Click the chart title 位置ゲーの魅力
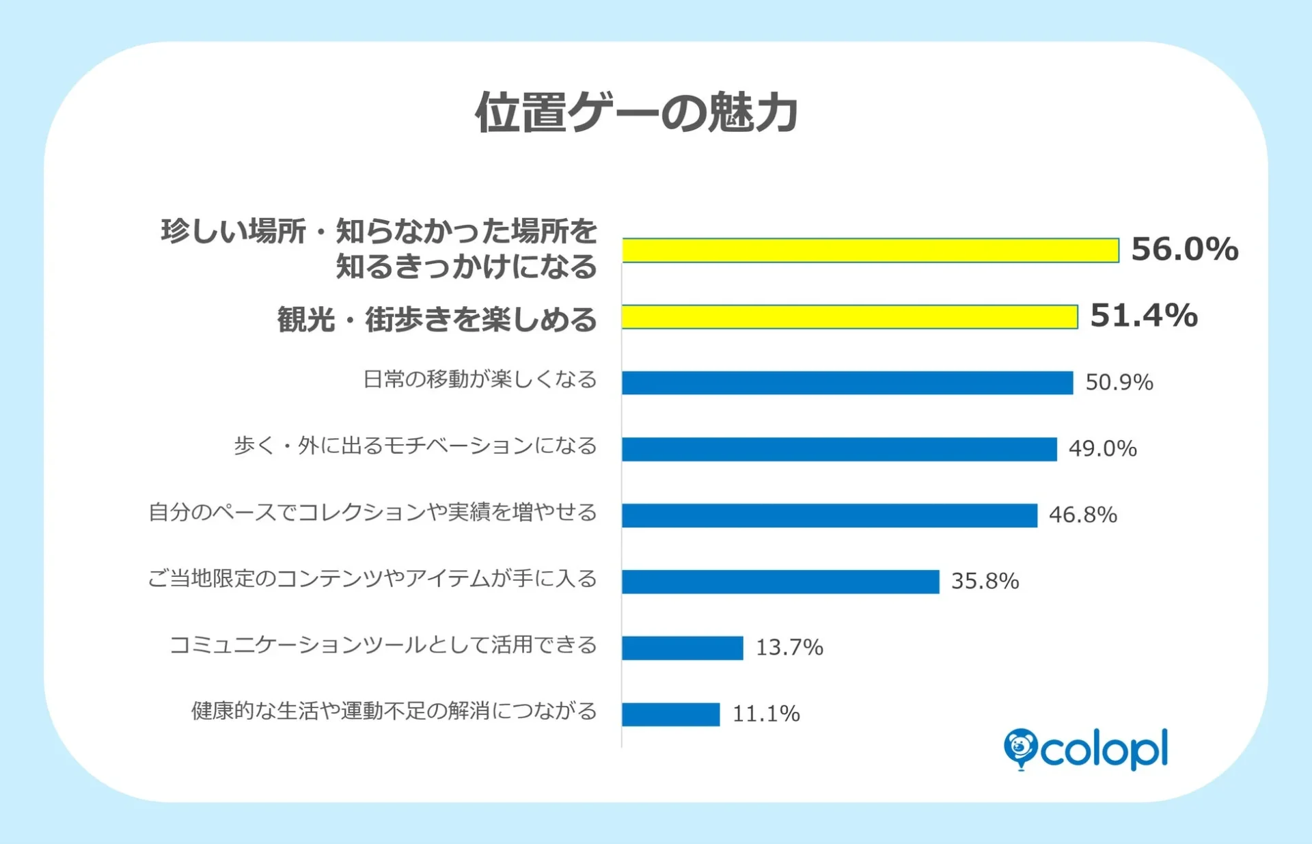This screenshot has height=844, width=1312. [x=637, y=113]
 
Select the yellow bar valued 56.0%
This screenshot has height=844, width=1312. [x=870, y=250]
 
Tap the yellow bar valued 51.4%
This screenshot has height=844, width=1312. [x=849, y=317]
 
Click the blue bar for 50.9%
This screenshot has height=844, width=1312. [x=847, y=383]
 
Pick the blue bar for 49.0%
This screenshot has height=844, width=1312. [x=839, y=449]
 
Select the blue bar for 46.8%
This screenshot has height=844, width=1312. [x=830, y=515]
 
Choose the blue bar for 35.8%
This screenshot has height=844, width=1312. [x=780, y=582]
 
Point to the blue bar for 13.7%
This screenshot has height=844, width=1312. [x=682, y=648]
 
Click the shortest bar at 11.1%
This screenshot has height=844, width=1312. [x=670, y=714]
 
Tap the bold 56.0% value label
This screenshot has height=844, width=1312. [x=1184, y=249]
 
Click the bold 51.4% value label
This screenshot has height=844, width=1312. [x=1143, y=316]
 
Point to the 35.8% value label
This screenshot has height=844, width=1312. [x=985, y=581]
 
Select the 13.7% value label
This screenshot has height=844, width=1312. [x=789, y=647]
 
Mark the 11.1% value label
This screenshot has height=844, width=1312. [x=766, y=713]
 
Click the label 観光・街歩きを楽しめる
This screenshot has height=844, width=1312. [x=437, y=319]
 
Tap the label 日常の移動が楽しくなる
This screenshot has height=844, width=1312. [x=480, y=379]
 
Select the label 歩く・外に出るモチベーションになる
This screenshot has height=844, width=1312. [x=415, y=446]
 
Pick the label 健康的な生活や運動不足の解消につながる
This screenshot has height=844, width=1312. [x=394, y=711]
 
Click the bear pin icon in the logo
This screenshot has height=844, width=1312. [x=1020, y=748]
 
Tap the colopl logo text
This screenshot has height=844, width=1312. [x=1104, y=750]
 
